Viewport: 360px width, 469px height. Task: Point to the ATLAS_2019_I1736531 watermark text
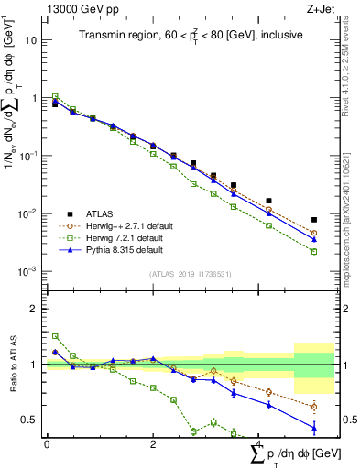pos(189,274)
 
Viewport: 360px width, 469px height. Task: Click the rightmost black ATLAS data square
pos(314,220)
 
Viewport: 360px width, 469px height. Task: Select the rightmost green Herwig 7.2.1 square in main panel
pos(314,251)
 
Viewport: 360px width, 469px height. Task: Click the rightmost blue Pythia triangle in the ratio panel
pos(314,427)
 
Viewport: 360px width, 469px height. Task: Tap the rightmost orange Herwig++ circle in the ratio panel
pos(314,407)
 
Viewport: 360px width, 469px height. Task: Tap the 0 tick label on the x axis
pos(47,444)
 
